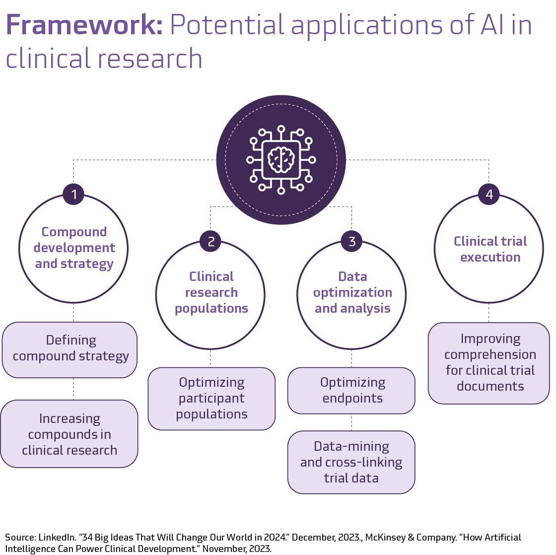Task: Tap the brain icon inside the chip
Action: click(x=281, y=159)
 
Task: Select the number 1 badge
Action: click(x=74, y=195)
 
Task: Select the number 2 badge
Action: click(x=211, y=242)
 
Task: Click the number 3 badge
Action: click(x=352, y=242)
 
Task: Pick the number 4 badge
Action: click(x=489, y=195)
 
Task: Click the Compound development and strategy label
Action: click(x=74, y=248)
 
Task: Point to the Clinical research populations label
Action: click(x=211, y=292)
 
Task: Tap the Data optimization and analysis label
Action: click(x=352, y=292)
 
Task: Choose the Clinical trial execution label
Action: click(x=490, y=249)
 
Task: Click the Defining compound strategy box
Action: click(x=70, y=348)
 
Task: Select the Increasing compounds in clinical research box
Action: click(x=69, y=434)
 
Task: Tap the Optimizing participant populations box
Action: click(x=211, y=398)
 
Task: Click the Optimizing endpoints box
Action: click(x=352, y=390)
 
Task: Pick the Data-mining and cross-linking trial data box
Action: click(x=351, y=462)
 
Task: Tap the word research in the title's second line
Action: click(x=150, y=59)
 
